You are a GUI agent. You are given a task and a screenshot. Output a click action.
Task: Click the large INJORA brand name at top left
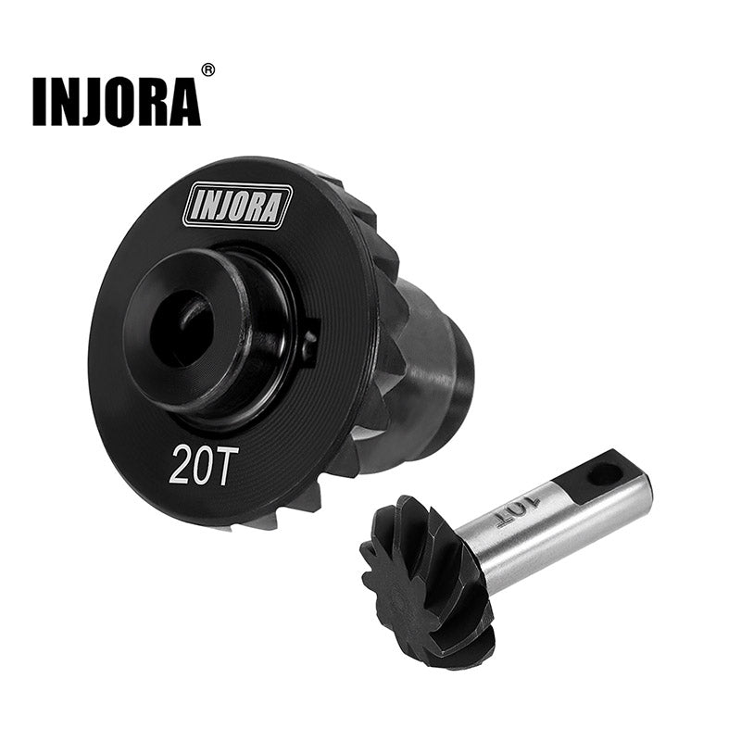coord(116,101)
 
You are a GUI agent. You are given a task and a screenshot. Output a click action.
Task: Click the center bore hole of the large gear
coord(183,326)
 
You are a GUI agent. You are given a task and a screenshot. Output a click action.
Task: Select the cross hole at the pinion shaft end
coord(604,473)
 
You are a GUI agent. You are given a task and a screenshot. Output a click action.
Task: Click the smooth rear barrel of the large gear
coord(445,370)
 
